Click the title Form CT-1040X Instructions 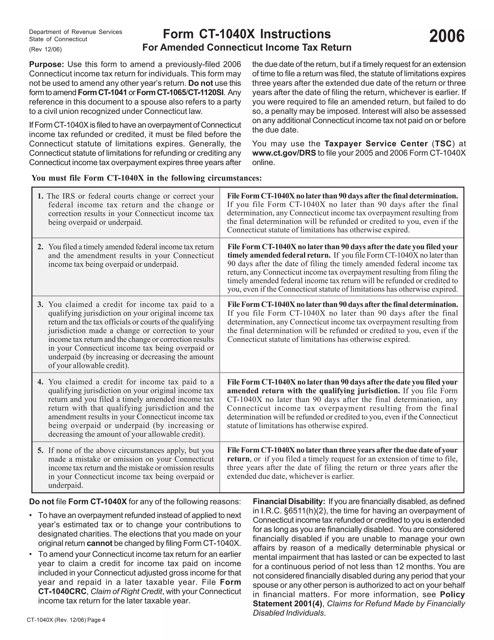[x=247, y=34]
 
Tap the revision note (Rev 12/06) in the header [x=45, y=49]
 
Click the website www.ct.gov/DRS [x=284, y=153]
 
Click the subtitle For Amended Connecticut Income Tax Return [x=247, y=48]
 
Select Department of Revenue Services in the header [x=75, y=32]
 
